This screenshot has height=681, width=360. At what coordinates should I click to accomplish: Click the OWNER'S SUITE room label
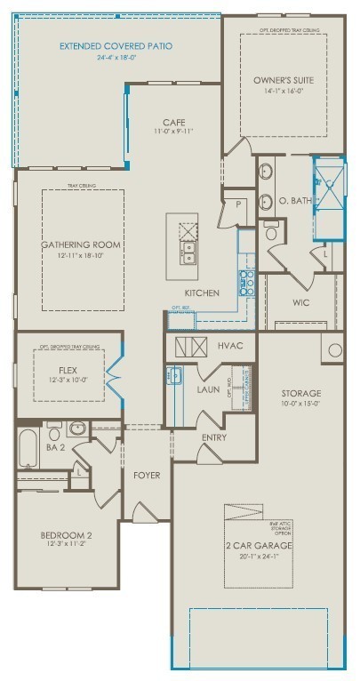pyautogui.click(x=283, y=79)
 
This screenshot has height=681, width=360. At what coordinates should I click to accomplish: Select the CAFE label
pyautogui.click(x=173, y=122)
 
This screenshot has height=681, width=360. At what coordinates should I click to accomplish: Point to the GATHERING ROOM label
pyautogui.click(x=81, y=244)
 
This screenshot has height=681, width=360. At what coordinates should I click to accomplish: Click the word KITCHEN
pyautogui.click(x=201, y=292)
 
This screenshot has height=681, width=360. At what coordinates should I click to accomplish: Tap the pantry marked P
pyautogui.click(x=239, y=204)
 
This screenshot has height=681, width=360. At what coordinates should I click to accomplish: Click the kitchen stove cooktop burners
pyautogui.click(x=245, y=283)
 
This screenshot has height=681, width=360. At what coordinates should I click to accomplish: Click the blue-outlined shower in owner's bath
pyautogui.click(x=327, y=197)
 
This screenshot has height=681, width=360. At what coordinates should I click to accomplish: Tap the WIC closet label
pyautogui.click(x=300, y=302)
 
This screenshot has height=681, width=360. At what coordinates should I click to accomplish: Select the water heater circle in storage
pyautogui.click(x=336, y=349)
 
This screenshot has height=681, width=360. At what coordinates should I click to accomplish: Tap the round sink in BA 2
pyautogui.click(x=76, y=429)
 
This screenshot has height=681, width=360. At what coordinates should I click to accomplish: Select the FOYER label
pyautogui.click(x=147, y=476)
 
